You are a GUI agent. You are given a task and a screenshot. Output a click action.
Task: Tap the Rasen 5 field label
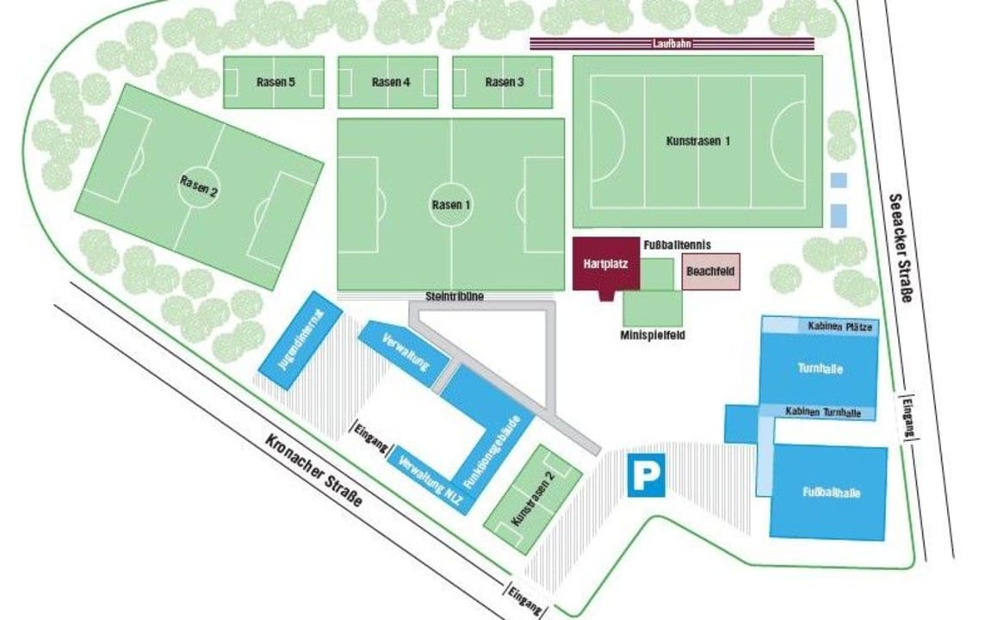click(275, 83)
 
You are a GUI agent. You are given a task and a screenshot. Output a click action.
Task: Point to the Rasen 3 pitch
click(503, 83)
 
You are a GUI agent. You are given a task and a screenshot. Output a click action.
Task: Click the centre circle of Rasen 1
click(451, 205)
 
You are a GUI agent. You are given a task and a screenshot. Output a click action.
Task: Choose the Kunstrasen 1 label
click(698, 140)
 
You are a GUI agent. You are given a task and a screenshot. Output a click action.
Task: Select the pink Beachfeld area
click(710, 271)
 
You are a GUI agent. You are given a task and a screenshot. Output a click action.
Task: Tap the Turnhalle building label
click(819, 369)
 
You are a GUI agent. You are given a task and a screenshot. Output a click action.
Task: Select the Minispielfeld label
click(653, 336)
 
